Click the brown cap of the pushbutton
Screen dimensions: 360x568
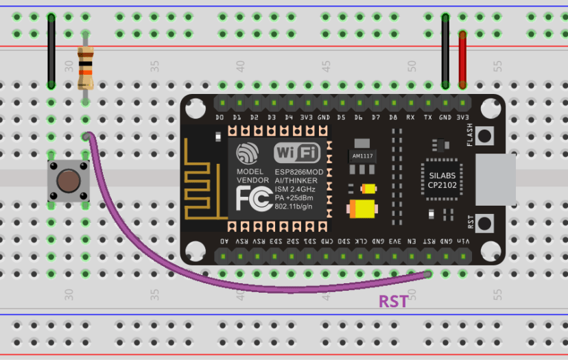coord(67,181)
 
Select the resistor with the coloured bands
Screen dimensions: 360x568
coord(85,69)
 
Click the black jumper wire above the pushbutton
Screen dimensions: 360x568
coord(51,51)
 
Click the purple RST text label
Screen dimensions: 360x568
coord(393,301)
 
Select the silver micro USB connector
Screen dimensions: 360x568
coord(495,179)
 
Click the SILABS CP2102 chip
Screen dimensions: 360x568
coord(437,180)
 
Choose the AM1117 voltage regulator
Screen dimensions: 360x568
coord(362,156)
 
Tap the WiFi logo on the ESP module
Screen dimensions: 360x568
coord(296,152)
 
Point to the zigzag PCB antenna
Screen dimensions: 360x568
coord(204,180)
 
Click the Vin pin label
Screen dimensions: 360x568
coord(463,241)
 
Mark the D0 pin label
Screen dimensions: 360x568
coord(220,117)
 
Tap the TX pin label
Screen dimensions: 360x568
coord(428,117)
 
